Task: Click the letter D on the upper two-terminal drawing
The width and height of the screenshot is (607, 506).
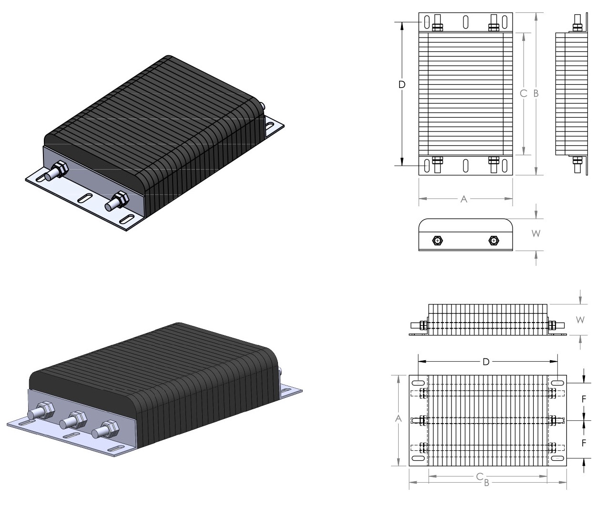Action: pyautogui.click(x=402, y=84)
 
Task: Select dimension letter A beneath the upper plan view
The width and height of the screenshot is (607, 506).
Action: pyautogui.click(x=463, y=200)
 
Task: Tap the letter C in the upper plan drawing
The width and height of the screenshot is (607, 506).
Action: pyautogui.click(x=524, y=94)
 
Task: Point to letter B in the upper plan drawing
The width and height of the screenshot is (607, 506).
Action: pyautogui.click(x=536, y=94)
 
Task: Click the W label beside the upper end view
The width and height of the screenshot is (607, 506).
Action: pyautogui.click(x=536, y=234)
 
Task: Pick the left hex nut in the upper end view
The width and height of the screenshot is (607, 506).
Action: pyautogui.click(x=438, y=241)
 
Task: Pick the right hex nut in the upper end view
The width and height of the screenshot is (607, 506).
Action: pyautogui.click(x=494, y=241)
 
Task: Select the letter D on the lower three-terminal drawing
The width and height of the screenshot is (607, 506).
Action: pyautogui.click(x=486, y=362)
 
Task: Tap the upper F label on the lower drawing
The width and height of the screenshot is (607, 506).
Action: pyautogui.click(x=584, y=400)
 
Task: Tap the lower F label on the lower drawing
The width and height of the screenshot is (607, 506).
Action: pyautogui.click(x=584, y=443)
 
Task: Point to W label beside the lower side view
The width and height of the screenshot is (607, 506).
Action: pyautogui.click(x=580, y=320)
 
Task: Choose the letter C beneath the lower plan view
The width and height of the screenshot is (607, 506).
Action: pyautogui.click(x=483, y=476)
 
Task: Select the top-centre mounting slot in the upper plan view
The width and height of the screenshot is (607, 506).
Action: pyautogui.click(x=465, y=22)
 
